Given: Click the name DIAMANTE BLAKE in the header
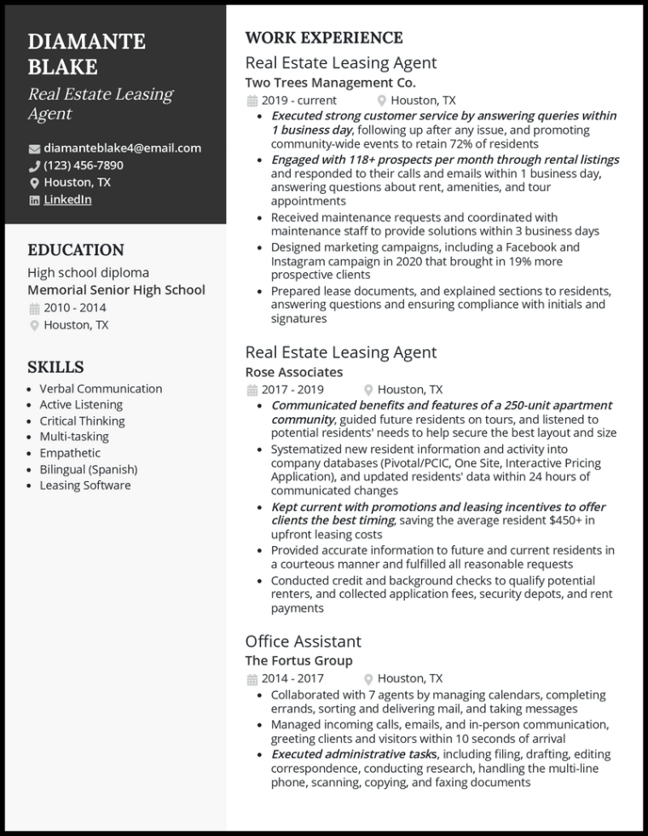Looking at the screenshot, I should tap(86, 54).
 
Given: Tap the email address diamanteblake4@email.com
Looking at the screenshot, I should tap(122, 148).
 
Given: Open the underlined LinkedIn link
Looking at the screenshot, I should tap(67, 200).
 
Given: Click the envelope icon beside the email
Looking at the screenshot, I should tap(34, 148).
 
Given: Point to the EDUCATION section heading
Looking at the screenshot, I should tap(76, 250).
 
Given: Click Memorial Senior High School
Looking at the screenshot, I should tap(116, 290).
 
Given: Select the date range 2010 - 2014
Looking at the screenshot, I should tap(75, 308).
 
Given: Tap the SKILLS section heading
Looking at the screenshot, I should tap(55, 367).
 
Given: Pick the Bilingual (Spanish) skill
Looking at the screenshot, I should tap(89, 469).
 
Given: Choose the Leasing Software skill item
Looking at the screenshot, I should tap(85, 485).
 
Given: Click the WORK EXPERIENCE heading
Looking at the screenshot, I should tap(324, 38).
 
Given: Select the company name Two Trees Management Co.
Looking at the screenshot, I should tap(330, 83).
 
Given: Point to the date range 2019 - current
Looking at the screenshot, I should tap(298, 100).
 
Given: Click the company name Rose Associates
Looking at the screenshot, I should tap(293, 372).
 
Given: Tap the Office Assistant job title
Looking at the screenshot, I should tap(303, 642).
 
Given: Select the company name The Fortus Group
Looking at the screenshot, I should tap(298, 661).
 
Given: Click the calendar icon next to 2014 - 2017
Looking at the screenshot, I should tap(252, 679).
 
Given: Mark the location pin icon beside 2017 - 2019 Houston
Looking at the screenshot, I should tap(368, 390).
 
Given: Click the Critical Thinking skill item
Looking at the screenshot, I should tap(82, 421).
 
